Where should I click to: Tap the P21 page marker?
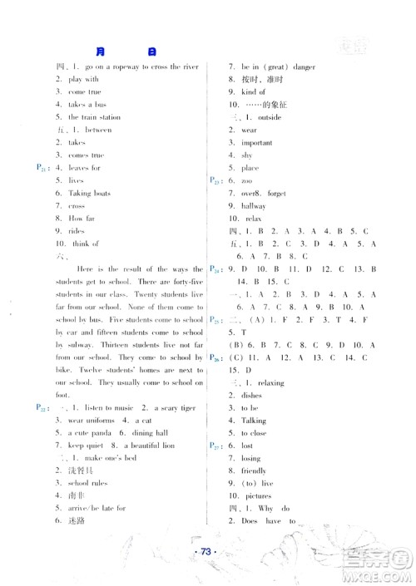click(x=40, y=168)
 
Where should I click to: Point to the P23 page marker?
click(x=214, y=180)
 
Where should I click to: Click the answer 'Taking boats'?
click(x=89, y=193)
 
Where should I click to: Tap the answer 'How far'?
click(x=83, y=218)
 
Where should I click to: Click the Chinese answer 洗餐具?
click(x=82, y=470)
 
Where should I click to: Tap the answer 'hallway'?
click(x=254, y=205)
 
